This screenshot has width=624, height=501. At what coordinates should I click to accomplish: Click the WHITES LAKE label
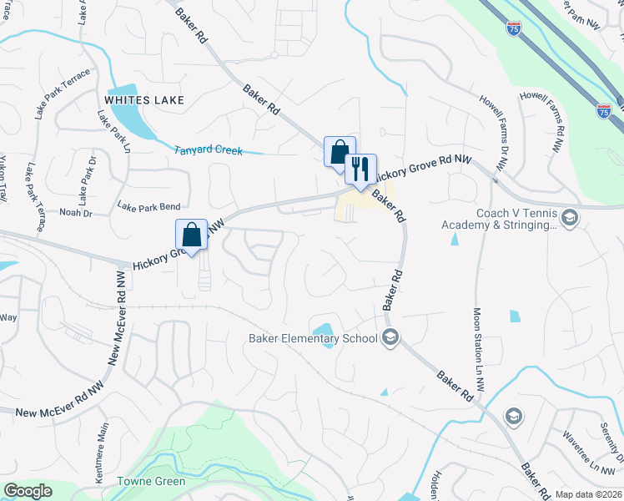144,100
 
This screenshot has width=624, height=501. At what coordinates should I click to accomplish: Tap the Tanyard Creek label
208,151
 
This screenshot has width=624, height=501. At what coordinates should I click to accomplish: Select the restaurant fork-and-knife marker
360,170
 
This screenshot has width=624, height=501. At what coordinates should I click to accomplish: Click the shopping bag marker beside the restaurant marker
340,152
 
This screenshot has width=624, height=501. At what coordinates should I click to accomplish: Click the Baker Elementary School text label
313,338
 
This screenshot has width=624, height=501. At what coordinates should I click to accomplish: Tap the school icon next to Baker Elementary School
390,338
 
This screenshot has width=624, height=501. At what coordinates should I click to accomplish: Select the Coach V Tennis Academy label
516,219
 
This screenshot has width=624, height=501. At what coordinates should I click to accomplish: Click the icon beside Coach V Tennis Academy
570,219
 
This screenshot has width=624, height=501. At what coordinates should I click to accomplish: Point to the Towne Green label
151,481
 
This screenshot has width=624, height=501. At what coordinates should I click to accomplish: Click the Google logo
28,490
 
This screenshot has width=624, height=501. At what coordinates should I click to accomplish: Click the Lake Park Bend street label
149,206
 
